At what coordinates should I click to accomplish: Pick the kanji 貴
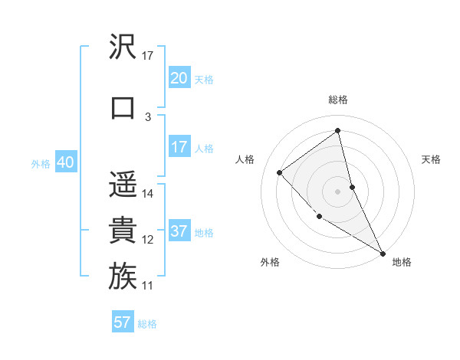click(123, 231)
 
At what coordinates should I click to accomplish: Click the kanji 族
click(123, 277)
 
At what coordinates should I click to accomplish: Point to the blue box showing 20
click(179, 78)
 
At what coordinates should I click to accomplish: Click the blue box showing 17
click(179, 147)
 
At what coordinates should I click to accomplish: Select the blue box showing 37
click(179, 231)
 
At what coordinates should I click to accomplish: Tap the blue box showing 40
click(65, 162)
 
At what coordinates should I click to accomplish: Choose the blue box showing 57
click(123, 322)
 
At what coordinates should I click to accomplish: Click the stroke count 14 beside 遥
click(149, 194)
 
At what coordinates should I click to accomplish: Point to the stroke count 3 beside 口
click(148, 116)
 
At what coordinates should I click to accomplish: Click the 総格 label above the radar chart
click(338, 100)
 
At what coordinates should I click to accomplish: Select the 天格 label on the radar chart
click(432, 159)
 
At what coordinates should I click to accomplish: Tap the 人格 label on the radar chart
click(245, 159)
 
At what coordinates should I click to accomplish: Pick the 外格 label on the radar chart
click(270, 262)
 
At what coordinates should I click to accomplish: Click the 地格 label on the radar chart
click(402, 262)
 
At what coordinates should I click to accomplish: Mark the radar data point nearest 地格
click(383, 254)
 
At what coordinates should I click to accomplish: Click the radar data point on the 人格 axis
click(280, 172)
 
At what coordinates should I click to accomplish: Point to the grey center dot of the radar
click(338, 191)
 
